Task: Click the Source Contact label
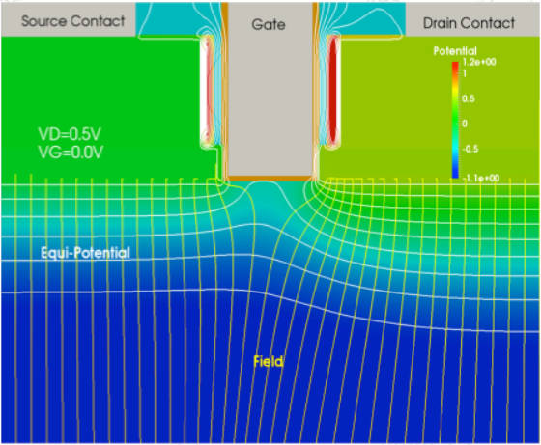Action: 72,21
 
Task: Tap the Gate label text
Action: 269,24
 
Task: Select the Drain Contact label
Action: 469,23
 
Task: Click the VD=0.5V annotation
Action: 70,134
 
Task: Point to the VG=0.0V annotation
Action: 71,152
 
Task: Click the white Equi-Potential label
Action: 85,253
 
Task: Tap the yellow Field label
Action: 269,362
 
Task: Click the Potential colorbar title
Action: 455,51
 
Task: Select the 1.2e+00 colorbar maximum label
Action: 479,62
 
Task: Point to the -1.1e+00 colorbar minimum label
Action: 481,178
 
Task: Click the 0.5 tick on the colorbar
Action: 469,98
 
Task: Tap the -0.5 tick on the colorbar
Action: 470,149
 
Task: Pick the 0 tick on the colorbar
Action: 465,124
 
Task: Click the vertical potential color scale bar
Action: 455,120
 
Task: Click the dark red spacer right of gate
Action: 333,91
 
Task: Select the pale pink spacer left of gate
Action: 208,92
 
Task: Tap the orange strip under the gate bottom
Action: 270,178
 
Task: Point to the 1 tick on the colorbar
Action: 465,73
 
